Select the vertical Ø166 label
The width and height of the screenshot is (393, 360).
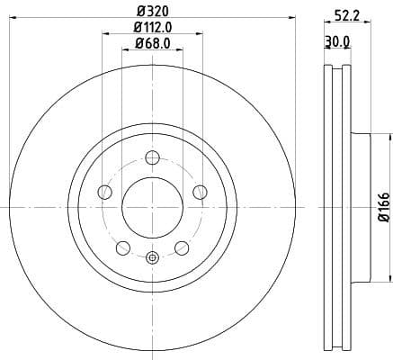point(383,206)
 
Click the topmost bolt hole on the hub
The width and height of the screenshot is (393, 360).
point(152,159)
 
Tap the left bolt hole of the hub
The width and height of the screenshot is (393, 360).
point(105,192)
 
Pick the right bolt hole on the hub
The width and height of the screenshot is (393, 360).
point(199,191)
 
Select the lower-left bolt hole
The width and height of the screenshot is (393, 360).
point(123,247)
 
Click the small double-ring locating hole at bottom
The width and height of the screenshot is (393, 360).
point(152,260)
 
